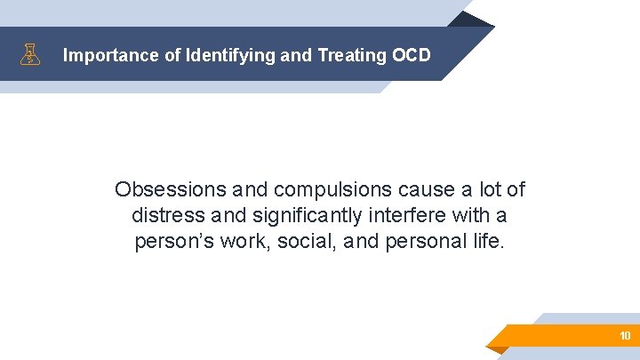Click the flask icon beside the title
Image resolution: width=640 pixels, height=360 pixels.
pyautogui.click(x=31, y=55)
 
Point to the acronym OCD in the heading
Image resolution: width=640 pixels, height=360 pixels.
pyautogui.click(x=411, y=55)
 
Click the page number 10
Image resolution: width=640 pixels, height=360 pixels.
pyautogui.click(x=625, y=336)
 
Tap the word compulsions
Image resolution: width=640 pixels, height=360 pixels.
pyautogui.click(x=325, y=190)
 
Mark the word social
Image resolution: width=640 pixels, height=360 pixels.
pyautogui.click(x=300, y=242)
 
